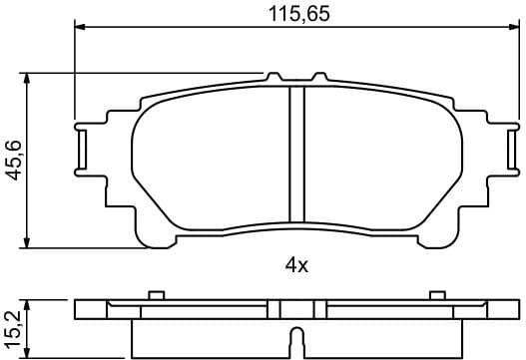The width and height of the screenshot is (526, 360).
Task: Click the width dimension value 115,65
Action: click(x=297, y=14)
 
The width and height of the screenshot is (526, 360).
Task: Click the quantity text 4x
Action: click(x=296, y=265)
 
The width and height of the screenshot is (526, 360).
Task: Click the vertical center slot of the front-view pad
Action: click(x=296, y=155)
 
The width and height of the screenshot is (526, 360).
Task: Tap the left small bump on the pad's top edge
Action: click(x=273, y=76)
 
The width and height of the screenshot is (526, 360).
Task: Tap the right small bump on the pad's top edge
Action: click(x=319, y=76)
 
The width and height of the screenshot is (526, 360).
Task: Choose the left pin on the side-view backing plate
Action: click(x=155, y=294)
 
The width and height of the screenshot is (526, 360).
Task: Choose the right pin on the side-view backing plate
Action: click(x=437, y=294)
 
